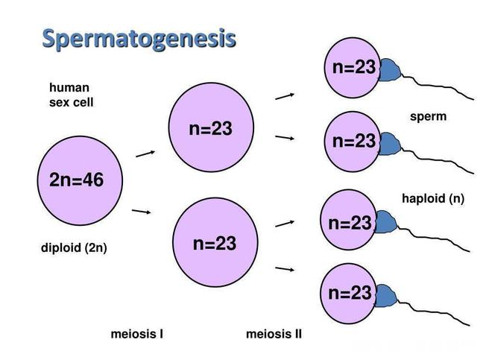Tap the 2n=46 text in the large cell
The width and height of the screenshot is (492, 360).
76,180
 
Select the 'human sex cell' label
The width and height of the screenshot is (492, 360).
72,95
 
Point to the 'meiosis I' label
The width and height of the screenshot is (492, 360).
137,334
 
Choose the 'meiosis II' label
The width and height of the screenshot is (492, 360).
274,334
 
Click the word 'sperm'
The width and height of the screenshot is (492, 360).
428,117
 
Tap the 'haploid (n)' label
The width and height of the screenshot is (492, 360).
432,198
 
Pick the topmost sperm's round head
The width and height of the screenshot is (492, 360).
353,67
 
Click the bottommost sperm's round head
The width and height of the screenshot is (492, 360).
350,293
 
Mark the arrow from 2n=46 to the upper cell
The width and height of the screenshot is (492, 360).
145,154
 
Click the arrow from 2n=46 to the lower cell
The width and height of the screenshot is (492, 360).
142,212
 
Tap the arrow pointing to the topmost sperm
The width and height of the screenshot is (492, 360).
285,95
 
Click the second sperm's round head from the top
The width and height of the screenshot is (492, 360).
353,141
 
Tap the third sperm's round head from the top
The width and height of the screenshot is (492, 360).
350,223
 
